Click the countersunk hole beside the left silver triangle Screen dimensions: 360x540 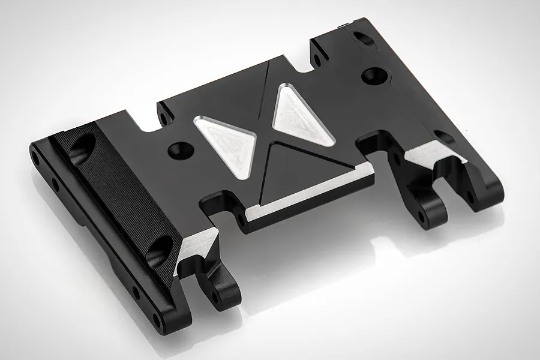178,148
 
